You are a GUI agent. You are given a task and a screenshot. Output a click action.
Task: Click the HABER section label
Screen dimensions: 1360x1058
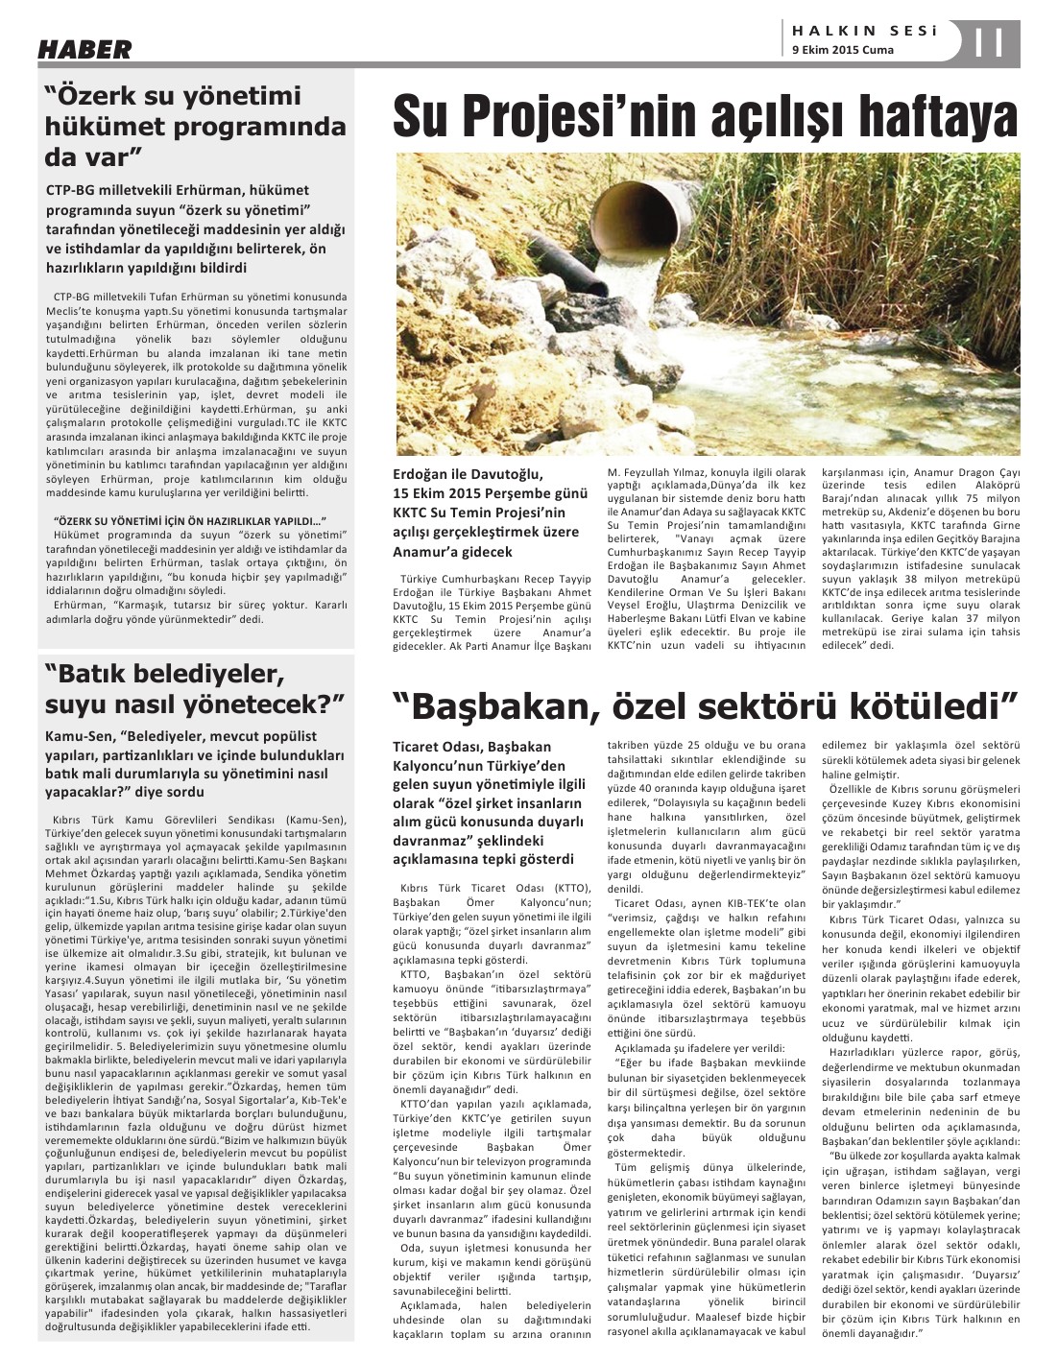click(84, 49)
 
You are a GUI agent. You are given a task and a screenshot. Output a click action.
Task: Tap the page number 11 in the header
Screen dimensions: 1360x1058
click(989, 44)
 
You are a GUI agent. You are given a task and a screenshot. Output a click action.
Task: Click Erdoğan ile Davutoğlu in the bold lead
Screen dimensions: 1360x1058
click(468, 473)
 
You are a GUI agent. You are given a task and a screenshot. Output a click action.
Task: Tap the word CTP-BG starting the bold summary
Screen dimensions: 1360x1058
click(70, 191)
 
